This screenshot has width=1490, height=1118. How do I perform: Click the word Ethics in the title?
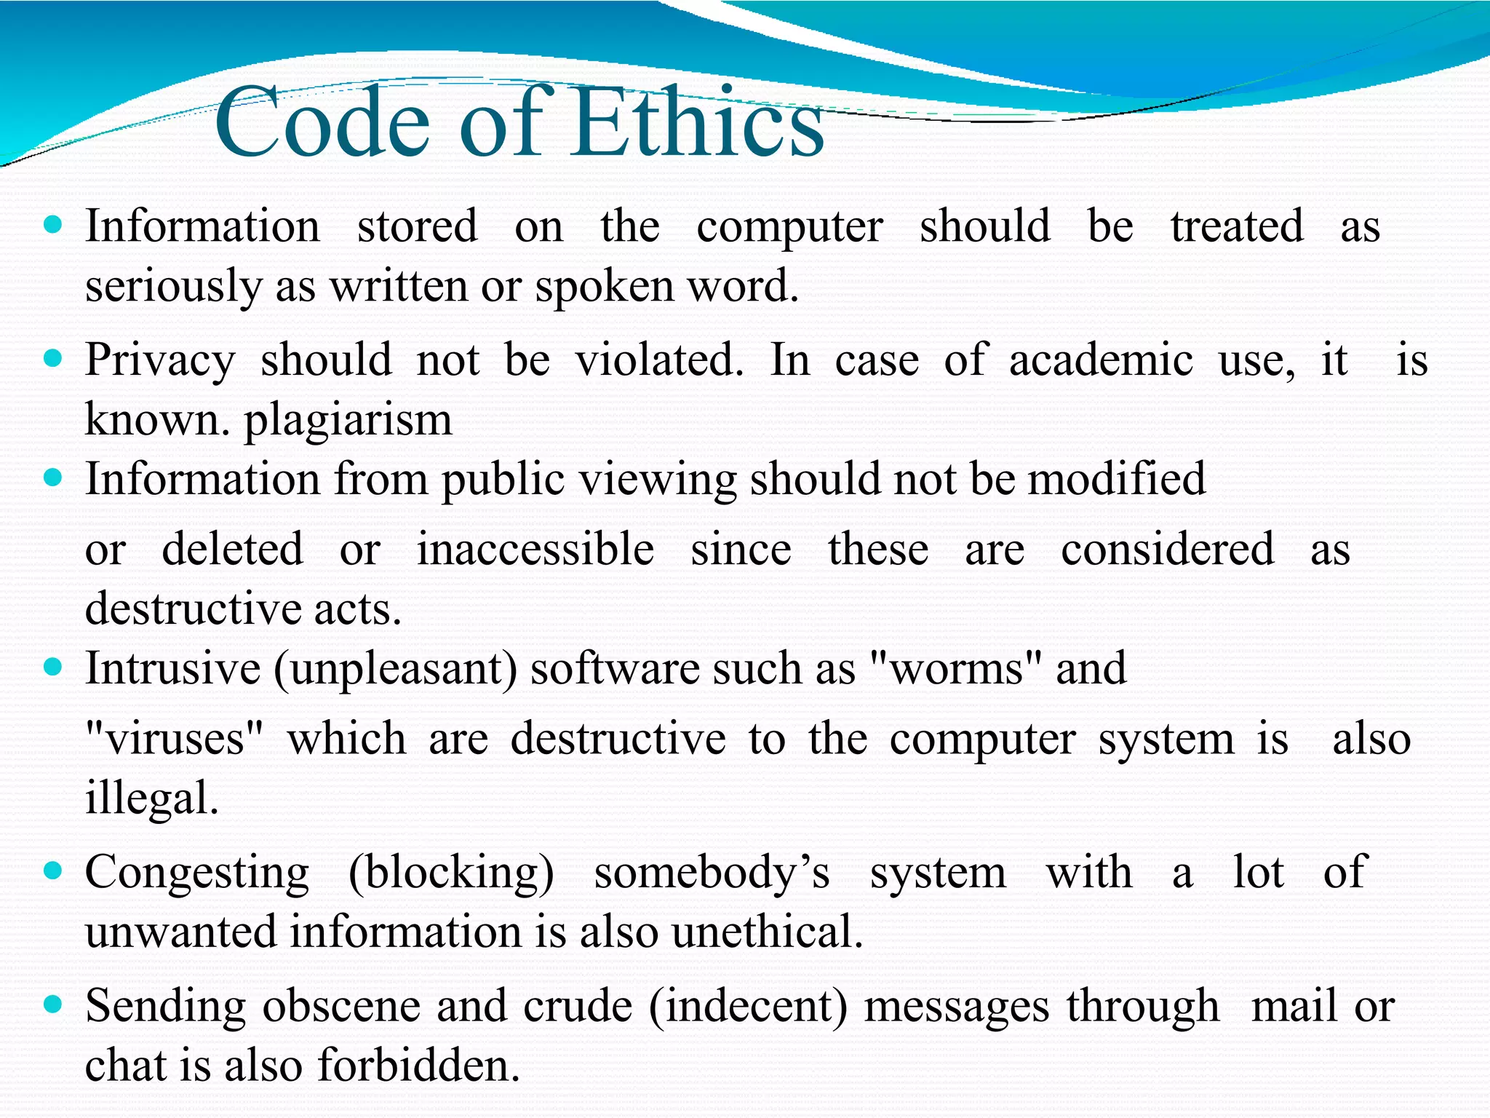[698, 122]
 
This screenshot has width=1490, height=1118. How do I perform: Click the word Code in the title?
[323, 122]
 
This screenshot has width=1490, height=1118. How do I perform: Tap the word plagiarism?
[348, 421]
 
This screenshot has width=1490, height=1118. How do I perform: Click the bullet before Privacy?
[53, 358]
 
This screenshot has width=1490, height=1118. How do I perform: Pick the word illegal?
[151, 798]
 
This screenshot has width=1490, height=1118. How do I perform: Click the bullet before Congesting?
[53, 870]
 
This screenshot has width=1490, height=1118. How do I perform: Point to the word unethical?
[767, 932]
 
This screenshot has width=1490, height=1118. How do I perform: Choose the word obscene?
[342, 1007]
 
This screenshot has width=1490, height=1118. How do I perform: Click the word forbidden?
[418, 1066]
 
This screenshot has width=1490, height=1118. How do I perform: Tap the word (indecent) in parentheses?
[748, 1007]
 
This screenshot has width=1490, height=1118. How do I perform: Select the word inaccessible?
[535, 550]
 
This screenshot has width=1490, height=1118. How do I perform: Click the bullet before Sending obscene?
[53, 1004]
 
